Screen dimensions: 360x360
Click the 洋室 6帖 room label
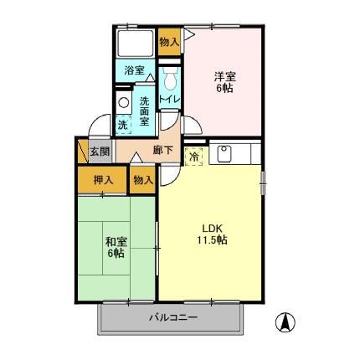point(223,78)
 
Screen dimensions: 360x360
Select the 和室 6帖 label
point(116,248)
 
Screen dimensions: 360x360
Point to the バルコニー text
point(173,317)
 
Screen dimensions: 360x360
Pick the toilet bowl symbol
point(170,82)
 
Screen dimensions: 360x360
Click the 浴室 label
point(135,71)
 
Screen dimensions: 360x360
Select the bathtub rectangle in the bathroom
point(135,44)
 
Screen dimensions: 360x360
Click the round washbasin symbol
point(123,103)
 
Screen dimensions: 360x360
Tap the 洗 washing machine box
point(122,125)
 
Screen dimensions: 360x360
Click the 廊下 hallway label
point(162,151)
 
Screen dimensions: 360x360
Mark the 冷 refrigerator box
point(193,156)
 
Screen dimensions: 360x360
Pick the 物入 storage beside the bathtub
point(168,41)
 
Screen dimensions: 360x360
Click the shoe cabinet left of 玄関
point(82,152)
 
